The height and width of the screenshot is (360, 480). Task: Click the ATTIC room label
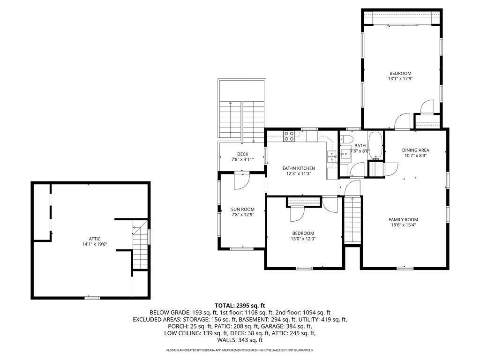[95, 239]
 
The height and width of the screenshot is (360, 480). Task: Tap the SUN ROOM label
[243, 210]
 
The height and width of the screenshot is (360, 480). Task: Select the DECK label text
[243, 154]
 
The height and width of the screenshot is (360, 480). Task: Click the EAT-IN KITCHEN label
[299, 168]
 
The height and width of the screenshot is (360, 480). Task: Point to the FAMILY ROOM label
[403, 219]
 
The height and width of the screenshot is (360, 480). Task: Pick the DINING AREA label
[415, 150]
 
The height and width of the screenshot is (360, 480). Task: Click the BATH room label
[360, 146]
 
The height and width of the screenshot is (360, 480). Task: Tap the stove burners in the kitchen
[289, 136]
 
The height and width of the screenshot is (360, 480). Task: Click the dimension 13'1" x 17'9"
[400, 79]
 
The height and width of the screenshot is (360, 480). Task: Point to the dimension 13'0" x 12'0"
[303, 239]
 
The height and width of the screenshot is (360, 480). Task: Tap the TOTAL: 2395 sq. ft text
[240, 305]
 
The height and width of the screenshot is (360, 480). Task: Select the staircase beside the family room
[352, 220]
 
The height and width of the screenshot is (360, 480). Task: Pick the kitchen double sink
[331, 157]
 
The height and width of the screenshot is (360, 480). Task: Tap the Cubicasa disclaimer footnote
[240, 350]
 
